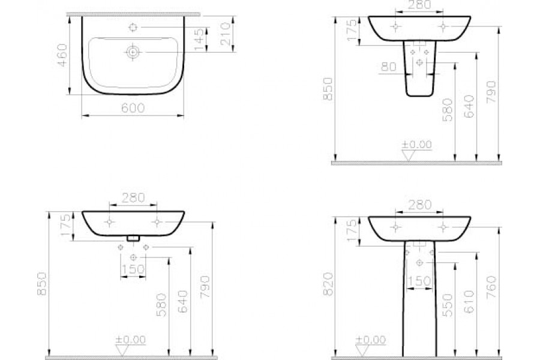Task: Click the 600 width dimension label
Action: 133,108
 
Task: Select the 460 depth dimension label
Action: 62,55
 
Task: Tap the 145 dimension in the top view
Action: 199,39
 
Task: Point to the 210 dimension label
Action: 226,34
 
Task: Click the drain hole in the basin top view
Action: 133,52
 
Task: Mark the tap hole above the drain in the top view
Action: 133,27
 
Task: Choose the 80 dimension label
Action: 389,67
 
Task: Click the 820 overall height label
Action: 329,284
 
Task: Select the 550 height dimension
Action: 448,305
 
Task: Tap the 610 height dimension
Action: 469,301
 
